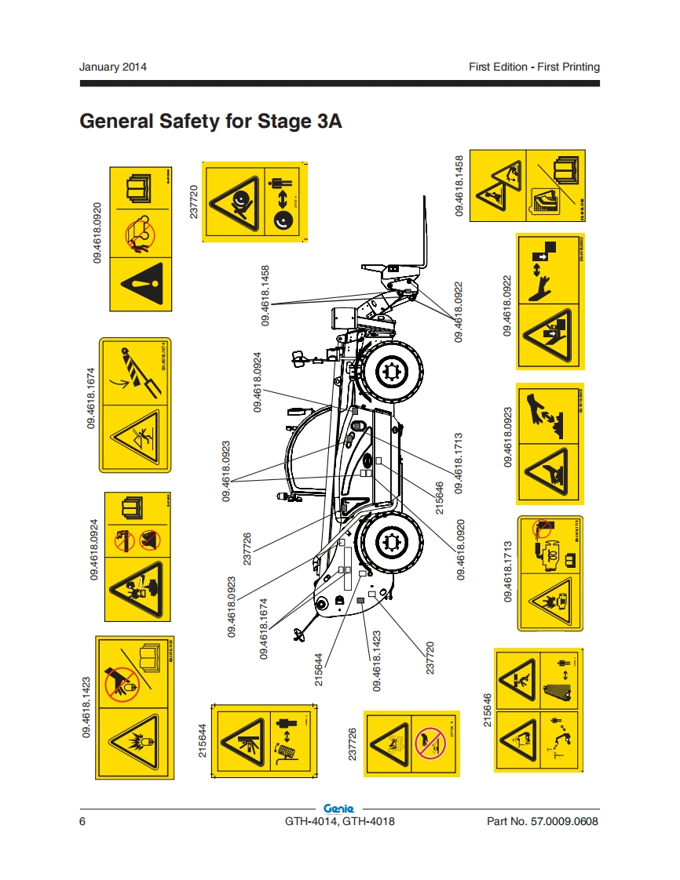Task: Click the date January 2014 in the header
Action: (x=113, y=67)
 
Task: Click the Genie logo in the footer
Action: (x=339, y=808)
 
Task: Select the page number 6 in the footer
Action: (x=82, y=821)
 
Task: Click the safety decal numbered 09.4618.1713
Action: (x=550, y=573)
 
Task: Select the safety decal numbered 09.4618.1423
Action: (x=134, y=708)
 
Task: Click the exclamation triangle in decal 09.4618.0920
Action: (x=139, y=282)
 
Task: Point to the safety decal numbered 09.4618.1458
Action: (x=525, y=185)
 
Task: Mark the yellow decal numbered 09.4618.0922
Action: (x=550, y=302)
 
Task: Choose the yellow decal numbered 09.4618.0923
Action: (x=550, y=443)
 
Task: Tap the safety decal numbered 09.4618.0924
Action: (x=137, y=557)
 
